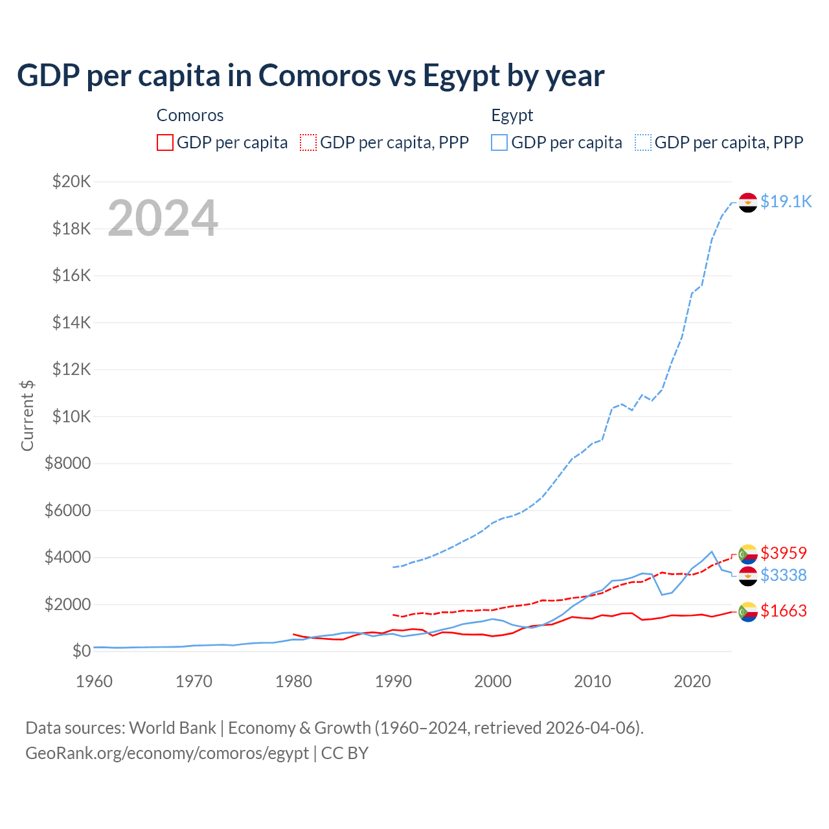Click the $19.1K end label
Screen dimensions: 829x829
point(786,201)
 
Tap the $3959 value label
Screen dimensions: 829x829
point(784,553)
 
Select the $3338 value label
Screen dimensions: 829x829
point(784,575)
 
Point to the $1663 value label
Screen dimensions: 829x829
point(784,611)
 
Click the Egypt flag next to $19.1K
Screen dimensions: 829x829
point(748,202)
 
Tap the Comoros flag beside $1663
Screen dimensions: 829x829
point(748,611)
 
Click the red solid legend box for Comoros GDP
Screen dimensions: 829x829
point(165,142)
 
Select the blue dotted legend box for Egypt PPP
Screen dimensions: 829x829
point(643,142)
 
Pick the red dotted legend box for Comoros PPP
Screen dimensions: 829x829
point(308,142)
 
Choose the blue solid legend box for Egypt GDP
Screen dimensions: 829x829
point(499,142)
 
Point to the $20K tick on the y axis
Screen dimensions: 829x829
point(72,181)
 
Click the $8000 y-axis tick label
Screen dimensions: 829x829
point(68,464)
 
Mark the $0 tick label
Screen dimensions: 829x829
point(81,651)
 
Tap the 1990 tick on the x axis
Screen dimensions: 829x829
point(393,681)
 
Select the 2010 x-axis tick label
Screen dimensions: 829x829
point(593,681)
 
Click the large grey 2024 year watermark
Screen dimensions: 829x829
point(163,218)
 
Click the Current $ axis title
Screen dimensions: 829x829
point(27,415)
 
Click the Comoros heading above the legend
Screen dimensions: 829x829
point(190,115)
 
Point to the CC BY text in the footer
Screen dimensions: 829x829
point(345,753)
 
